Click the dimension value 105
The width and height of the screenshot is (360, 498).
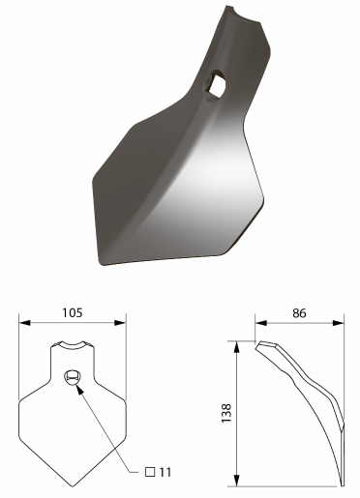click(x=73, y=312)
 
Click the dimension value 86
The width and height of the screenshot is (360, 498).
click(x=299, y=313)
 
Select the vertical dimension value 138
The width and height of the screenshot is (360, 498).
click(x=226, y=413)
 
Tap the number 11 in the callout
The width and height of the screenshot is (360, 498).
click(x=165, y=472)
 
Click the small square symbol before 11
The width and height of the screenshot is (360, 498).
click(x=150, y=472)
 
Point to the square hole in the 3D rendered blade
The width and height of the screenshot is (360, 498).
click(x=215, y=84)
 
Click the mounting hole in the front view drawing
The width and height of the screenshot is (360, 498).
click(x=73, y=377)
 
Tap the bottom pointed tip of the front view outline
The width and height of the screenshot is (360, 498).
click(x=73, y=486)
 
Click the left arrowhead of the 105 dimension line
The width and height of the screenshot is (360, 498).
click(x=24, y=323)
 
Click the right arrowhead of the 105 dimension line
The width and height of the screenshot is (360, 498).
click(x=120, y=323)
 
